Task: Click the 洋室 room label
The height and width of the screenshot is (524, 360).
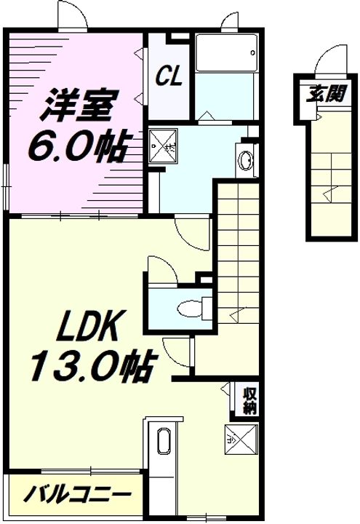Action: (x=79, y=106)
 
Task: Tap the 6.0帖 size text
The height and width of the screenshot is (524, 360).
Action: (x=79, y=145)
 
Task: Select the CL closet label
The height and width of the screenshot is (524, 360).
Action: (x=169, y=76)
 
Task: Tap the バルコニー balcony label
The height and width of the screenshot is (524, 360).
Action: (x=76, y=494)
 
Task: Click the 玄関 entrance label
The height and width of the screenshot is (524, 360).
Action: (x=327, y=94)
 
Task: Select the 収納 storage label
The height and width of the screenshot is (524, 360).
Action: (x=249, y=401)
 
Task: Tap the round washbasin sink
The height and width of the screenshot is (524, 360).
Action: (x=246, y=160)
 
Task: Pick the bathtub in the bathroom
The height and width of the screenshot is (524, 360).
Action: (x=226, y=52)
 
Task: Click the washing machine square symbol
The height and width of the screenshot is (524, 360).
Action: (x=162, y=146)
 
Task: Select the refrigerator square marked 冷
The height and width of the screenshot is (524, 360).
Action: (x=241, y=440)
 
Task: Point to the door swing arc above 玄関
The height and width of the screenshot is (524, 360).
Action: (x=329, y=60)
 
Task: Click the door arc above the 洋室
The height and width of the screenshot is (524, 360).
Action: (x=73, y=15)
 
